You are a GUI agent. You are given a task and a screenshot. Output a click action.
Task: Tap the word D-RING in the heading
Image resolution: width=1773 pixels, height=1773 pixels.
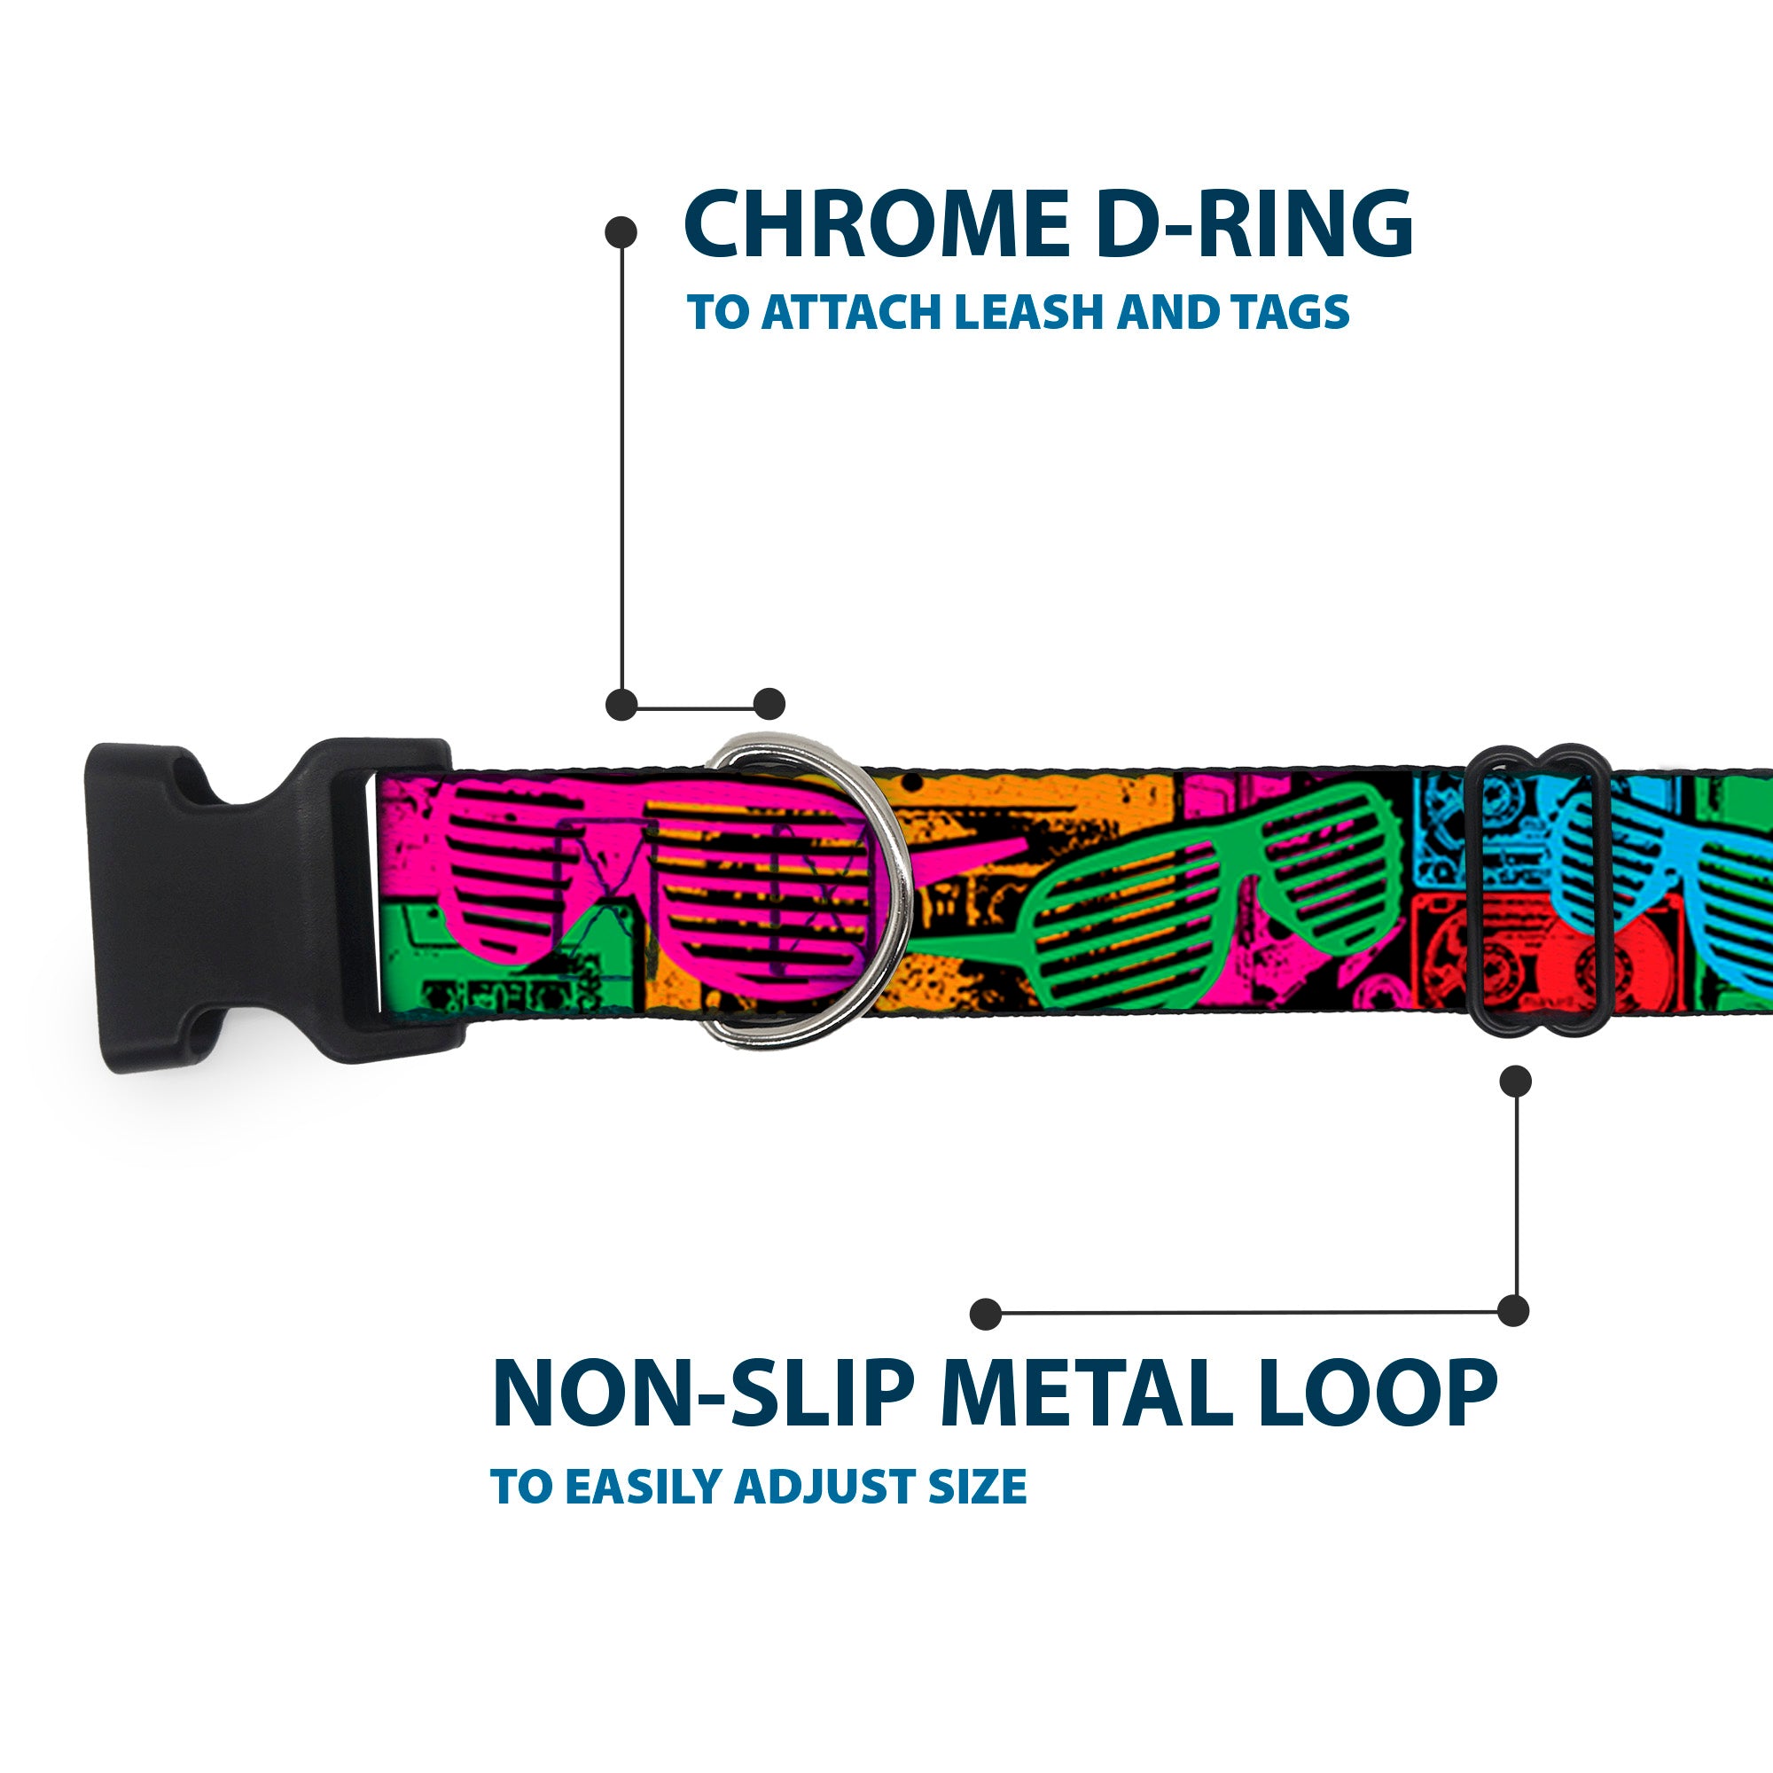click(1254, 225)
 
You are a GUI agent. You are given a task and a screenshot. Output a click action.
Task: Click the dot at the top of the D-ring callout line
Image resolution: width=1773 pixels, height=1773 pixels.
click(621, 232)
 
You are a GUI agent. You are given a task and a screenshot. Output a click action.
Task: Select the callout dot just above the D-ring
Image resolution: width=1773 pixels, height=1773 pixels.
click(769, 704)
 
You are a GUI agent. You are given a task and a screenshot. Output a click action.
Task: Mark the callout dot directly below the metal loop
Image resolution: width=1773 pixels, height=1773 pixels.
click(1515, 1081)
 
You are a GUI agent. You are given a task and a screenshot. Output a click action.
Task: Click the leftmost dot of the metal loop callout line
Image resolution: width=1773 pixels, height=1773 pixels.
click(986, 1314)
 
